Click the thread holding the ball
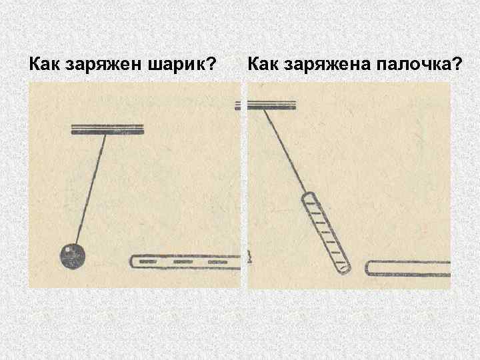(x=91, y=187)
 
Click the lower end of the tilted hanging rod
(x=343, y=269)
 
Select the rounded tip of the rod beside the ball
(x=133, y=261)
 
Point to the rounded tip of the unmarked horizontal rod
(x=369, y=269)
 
